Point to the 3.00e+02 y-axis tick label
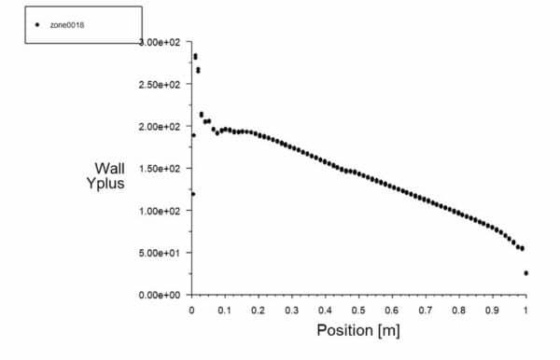coord(160,43)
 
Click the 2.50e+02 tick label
coord(160,85)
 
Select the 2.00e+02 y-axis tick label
coord(160,127)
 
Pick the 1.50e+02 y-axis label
coord(160,169)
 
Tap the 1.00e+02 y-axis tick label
coord(160,211)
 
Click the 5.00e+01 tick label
coord(160,253)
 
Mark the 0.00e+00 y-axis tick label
coord(160,295)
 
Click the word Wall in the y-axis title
coord(109,169)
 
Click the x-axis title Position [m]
coord(359,330)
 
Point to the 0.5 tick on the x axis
coord(359,309)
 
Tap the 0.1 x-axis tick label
coord(226,309)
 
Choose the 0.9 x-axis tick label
coord(493,309)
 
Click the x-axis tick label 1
coord(525,309)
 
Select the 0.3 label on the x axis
coord(293,309)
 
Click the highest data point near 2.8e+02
coord(195,56)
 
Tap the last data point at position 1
coord(526,273)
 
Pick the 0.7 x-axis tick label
coord(426,309)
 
